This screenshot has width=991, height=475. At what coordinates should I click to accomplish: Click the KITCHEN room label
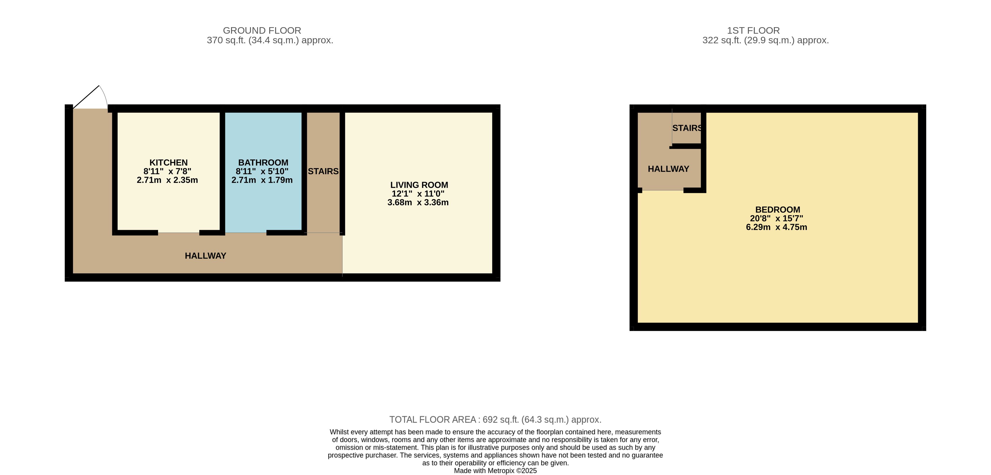168,162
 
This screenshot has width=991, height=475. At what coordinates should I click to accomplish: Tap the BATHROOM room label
263,162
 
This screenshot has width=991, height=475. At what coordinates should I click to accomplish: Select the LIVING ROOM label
419,185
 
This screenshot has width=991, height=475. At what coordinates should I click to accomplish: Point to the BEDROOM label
777,209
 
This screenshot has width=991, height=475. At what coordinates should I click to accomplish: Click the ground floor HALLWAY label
205,256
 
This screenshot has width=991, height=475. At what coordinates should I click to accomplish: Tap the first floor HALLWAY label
668,169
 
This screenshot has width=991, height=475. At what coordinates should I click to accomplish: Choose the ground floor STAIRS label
323,171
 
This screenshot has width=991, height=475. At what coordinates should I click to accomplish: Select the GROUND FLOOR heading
262,31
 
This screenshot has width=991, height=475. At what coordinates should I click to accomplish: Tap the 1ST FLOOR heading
753,31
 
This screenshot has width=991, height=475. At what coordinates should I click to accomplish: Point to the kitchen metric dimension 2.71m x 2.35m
167,180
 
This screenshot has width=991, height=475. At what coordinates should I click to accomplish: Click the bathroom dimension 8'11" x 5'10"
262,171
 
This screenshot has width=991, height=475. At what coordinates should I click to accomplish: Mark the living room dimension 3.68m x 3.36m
418,202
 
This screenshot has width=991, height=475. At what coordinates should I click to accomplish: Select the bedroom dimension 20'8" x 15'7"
776,218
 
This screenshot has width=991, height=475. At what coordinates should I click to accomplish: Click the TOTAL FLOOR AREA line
495,420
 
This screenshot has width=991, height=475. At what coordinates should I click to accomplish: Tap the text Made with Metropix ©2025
495,470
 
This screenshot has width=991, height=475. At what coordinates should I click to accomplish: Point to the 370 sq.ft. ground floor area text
270,40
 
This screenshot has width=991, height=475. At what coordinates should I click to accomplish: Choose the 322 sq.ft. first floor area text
766,40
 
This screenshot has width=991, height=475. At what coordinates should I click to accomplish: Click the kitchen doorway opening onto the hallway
179,233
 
